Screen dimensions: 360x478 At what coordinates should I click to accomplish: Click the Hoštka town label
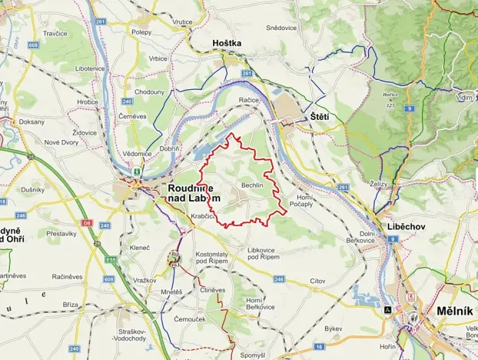[x=228, y=44]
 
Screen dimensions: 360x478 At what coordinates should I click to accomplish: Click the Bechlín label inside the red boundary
[x=251, y=187]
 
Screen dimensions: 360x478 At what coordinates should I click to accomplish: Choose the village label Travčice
[x=55, y=34]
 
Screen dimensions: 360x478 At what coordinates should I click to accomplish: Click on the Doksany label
[x=32, y=122]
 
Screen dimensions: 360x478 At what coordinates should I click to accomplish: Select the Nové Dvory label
[x=62, y=142]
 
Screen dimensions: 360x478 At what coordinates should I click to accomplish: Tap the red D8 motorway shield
[x=85, y=225]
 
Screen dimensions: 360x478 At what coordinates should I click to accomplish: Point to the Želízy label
[x=379, y=185]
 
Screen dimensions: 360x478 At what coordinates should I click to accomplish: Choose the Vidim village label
[x=464, y=98]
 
